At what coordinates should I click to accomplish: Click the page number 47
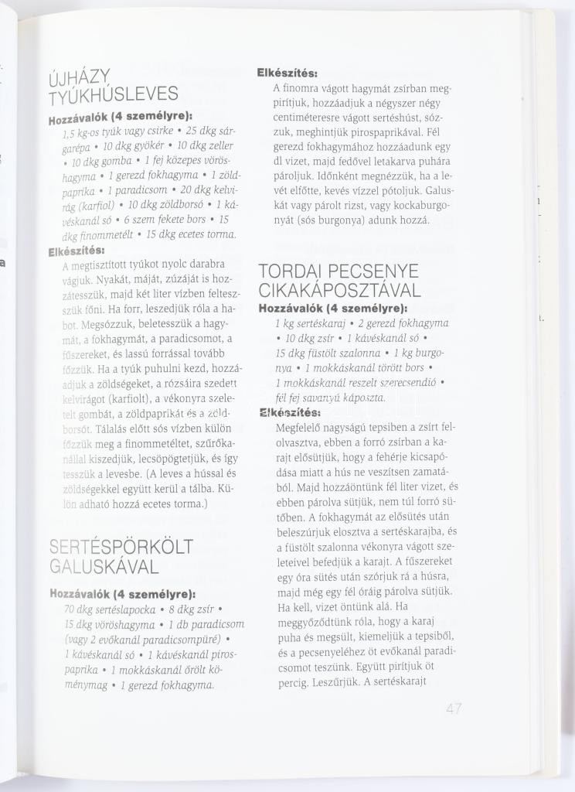pos(454,708)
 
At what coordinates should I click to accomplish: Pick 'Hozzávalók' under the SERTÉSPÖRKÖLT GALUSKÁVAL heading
pos(80,594)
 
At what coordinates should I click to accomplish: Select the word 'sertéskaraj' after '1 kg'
pos(319,323)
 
